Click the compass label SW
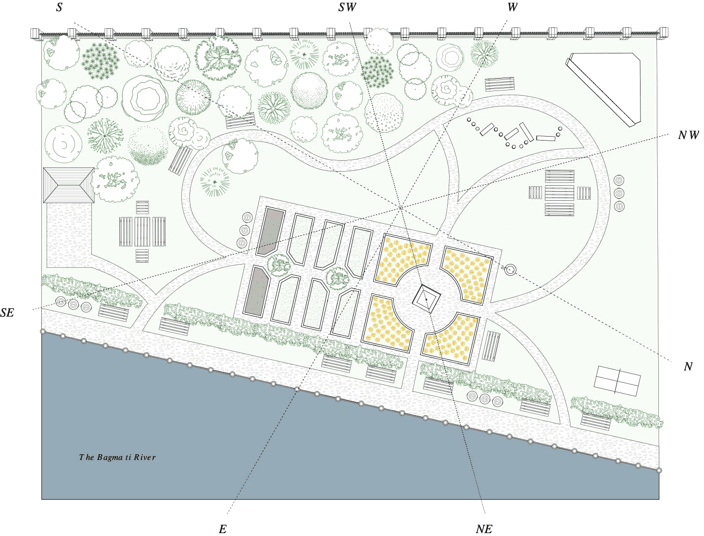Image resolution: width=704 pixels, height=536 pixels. [347, 7]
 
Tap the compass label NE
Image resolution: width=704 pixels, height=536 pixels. [484, 529]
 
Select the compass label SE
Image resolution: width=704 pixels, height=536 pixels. [7, 312]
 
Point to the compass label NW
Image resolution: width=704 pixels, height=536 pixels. [688, 135]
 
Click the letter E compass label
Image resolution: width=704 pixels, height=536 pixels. [223, 529]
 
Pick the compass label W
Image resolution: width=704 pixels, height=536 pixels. [513, 7]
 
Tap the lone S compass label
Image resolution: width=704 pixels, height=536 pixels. [59, 7]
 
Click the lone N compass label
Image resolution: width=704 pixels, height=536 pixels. [688, 366]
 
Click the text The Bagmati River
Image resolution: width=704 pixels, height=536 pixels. [117, 457]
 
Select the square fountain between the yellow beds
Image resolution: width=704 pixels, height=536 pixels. [426, 299]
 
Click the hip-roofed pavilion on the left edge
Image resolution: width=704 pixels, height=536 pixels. [69, 185]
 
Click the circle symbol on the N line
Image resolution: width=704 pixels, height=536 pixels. [510, 269]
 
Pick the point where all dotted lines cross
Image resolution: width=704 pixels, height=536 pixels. [400, 208]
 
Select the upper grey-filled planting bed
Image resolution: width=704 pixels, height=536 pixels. [270, 231]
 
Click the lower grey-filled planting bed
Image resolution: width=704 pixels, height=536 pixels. [257, 291]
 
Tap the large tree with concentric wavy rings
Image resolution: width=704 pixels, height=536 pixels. [145, 98]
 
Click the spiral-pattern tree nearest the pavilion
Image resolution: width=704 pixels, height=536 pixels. [63, 144]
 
